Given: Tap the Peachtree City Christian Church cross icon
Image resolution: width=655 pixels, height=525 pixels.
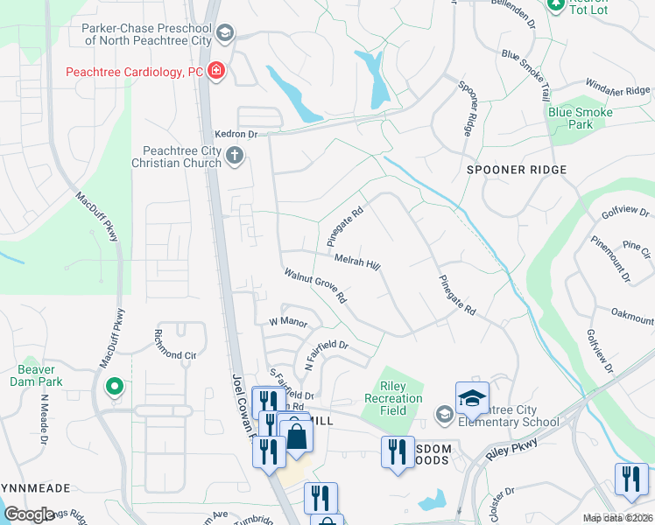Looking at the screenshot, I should [x=234, y=157].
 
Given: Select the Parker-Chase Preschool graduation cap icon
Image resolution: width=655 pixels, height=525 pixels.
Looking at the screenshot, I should [x=225, y=34].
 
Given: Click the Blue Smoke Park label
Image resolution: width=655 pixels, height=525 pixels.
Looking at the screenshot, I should [x=580, y=118].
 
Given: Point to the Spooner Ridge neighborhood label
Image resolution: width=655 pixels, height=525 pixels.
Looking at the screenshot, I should [x=517, y=170].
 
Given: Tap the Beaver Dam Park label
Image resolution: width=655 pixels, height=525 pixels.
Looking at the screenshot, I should [x=36, y=375].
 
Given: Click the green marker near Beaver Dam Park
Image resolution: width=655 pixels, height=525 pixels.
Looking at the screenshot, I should [x=113, y=386].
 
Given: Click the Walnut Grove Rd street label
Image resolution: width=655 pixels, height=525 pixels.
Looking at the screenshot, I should [x=316, y=286].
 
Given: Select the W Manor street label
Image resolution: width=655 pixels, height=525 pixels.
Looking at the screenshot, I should [x=287, y=322].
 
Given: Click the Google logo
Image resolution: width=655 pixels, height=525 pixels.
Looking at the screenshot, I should [x=29, y=514].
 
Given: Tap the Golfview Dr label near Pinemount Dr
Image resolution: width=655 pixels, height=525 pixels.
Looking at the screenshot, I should [x=626, y=213].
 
